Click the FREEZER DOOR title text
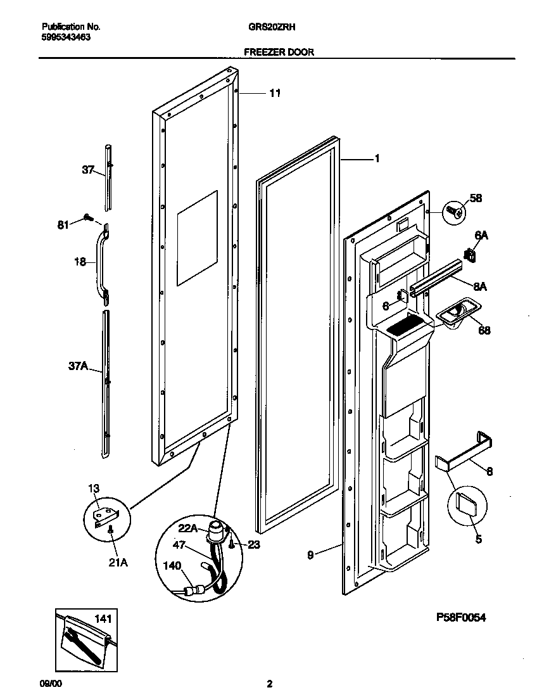coord(278,53)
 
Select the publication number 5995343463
coord(66,37)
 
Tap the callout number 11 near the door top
coord(275,93)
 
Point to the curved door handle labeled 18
coord(101,259)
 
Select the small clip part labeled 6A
coord(470,254)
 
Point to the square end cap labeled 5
coord(466,506)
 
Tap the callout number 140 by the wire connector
coord(172,565)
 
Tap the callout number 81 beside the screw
coord(63,224)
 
